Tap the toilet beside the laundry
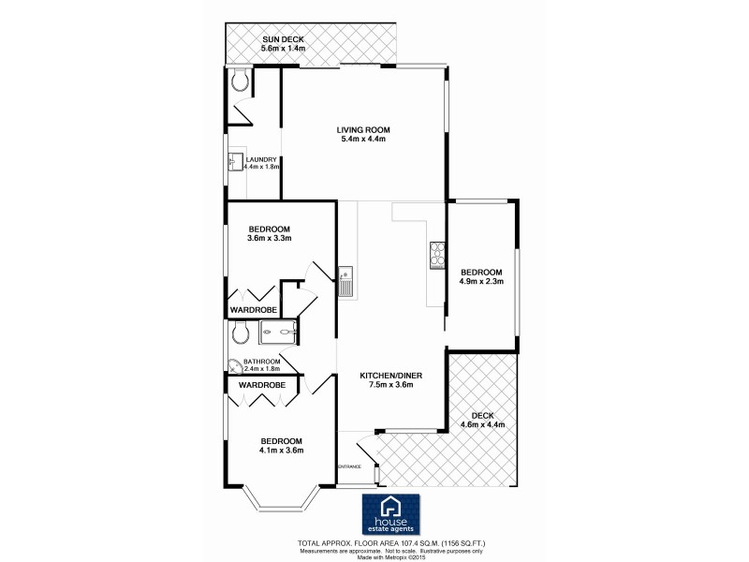click(242, 82)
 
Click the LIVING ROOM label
click(363, 129)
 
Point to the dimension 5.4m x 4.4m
click(363, 140)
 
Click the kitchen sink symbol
click(345, 279)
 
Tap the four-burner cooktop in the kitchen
click(436, 254)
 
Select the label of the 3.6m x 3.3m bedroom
click(270, 229)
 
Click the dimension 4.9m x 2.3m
click(481, 280)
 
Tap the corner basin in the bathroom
click(234, 366)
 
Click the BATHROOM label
click(262, 362)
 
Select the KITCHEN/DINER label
click(392, 376)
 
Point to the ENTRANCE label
click(350, 466)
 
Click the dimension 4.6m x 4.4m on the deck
click(483, 424)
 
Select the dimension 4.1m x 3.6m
click(281, 451)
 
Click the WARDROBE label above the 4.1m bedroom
click(261, 385)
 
